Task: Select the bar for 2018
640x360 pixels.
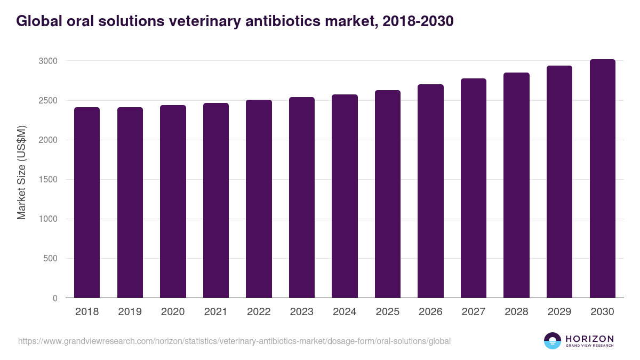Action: pos(87,203)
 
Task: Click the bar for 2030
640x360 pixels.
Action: pos(603,179)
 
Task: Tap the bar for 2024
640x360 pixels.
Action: pos(345,196)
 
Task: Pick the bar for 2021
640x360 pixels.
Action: pos(216,201)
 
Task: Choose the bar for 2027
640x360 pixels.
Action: pos(474,188)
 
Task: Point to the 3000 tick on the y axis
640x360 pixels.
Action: pos(47,61)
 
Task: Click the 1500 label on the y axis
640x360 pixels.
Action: pos(47,180)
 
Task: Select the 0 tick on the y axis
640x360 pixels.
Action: pos(55,298)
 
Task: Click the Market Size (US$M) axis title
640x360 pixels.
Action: pos(22,172)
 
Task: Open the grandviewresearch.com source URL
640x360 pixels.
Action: pos(235,341)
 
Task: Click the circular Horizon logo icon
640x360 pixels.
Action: pos(553,341)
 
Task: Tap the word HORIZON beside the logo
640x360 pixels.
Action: pos(589,338)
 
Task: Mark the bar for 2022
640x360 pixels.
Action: pos(259,199)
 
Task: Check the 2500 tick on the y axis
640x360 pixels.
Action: pos(47,100)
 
